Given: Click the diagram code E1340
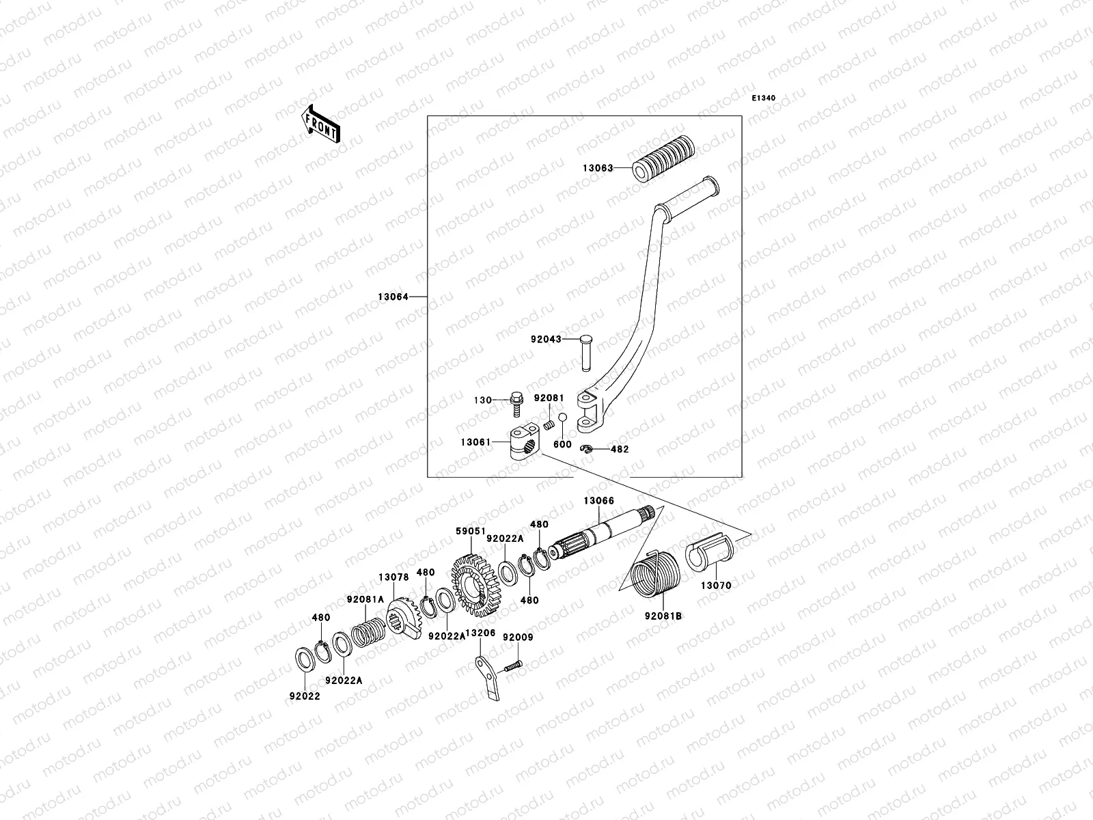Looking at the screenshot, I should [764, 98].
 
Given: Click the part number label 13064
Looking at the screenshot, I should [393, 297].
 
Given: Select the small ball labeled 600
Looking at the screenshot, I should [562, 418].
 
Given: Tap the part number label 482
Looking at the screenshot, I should [620, 450].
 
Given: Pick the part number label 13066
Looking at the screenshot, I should [598, 501].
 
